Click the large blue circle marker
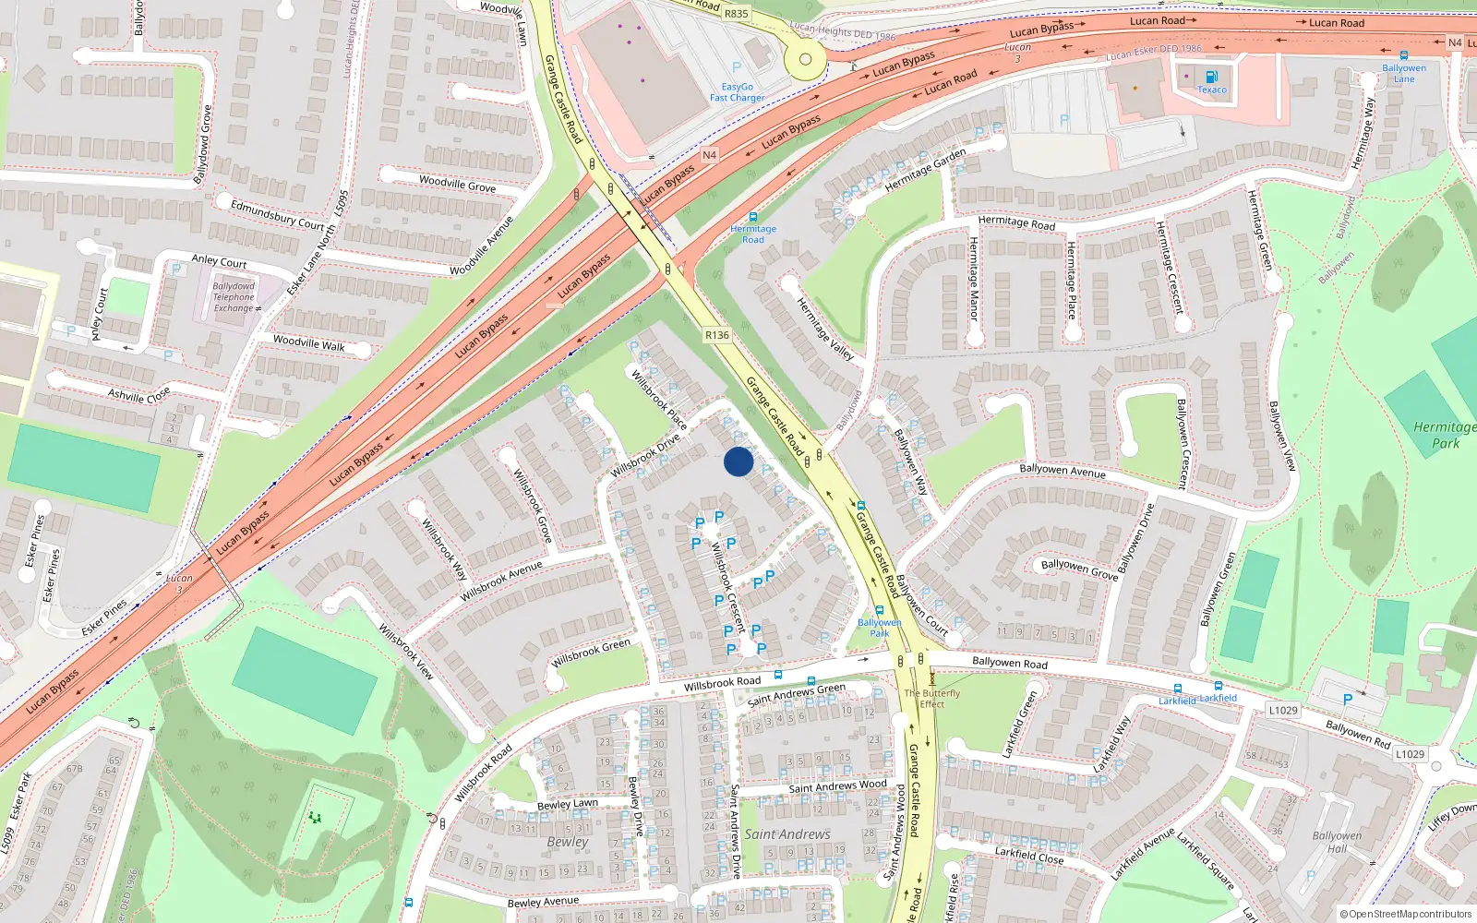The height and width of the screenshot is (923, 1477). point(738,461)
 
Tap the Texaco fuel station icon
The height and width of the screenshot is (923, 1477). point(1211,78)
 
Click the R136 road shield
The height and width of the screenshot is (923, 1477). point(716,335)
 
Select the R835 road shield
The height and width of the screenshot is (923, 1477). point(737,14)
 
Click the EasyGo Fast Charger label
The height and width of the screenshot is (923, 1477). point(737,92)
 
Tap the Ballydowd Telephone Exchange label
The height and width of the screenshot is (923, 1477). point(234,297)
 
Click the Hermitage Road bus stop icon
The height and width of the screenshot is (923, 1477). point(753,217)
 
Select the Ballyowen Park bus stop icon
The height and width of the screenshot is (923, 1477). point(880,610)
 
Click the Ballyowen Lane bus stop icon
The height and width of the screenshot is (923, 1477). point(1404,56)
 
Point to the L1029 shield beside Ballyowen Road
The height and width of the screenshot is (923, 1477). point(1283,710)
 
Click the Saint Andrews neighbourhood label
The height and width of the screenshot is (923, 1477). point(787,834)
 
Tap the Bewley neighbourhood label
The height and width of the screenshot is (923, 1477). point(567,842)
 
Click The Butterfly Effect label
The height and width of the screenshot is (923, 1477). point(931,699)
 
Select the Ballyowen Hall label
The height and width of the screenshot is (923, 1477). point(1337,842)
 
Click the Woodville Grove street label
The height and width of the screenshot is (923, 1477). point(457,184)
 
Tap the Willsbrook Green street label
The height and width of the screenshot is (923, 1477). point(591,653)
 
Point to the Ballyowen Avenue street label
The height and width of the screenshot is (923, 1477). point(1062,471)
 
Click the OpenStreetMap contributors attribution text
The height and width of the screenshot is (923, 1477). point(1406,915)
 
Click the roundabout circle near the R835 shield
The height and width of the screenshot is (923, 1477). point(805,60)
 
